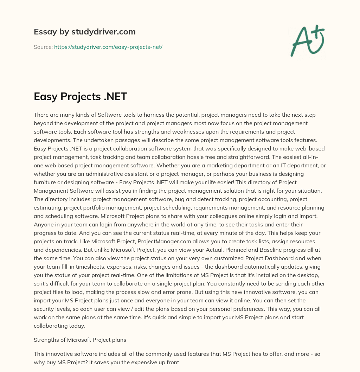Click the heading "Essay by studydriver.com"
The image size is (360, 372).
(x=84, y=32)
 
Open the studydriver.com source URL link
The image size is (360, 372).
(x=108, y=47)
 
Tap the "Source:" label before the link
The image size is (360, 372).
(x=43, y=47)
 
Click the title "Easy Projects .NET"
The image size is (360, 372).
(x=80, y=96)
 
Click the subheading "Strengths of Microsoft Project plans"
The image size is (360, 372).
(x=80, y=340)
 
